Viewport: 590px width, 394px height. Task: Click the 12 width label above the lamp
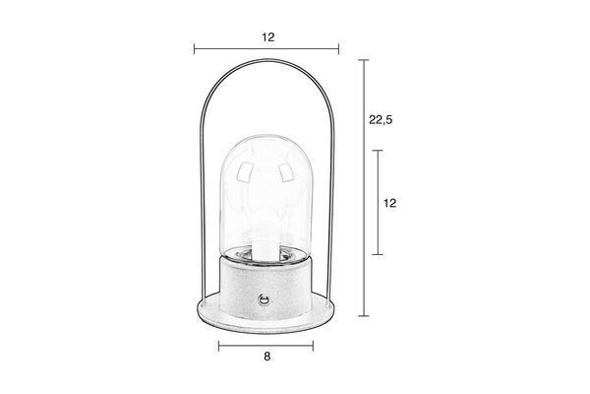[268, 37]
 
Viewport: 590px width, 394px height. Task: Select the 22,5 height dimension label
[381, 120]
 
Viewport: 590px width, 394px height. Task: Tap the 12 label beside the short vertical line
[389, 203]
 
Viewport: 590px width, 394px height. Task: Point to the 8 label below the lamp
[266, 357]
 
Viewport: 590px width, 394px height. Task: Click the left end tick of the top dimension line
[194, 49]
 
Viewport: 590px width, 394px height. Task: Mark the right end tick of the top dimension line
[338, 49]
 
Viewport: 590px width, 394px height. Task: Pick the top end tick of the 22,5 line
[363, 60]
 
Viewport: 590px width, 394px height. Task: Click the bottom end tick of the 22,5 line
[363, 316]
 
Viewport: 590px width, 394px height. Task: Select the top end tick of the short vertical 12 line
[378, 151]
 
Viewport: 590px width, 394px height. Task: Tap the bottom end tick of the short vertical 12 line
[378, 254]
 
